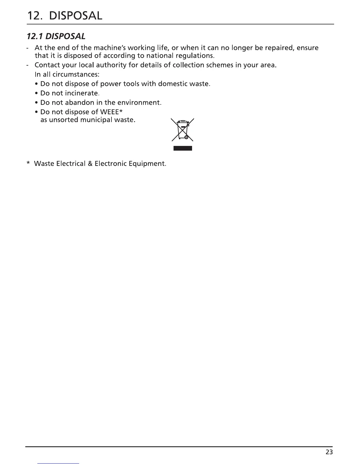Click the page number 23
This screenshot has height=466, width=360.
click(x=329, y=452)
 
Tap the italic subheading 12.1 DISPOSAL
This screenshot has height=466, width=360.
click(x=56, y=36)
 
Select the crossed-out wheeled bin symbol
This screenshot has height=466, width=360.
click(x=183, y=130)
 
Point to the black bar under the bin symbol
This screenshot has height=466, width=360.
click(x=183, y=148)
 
